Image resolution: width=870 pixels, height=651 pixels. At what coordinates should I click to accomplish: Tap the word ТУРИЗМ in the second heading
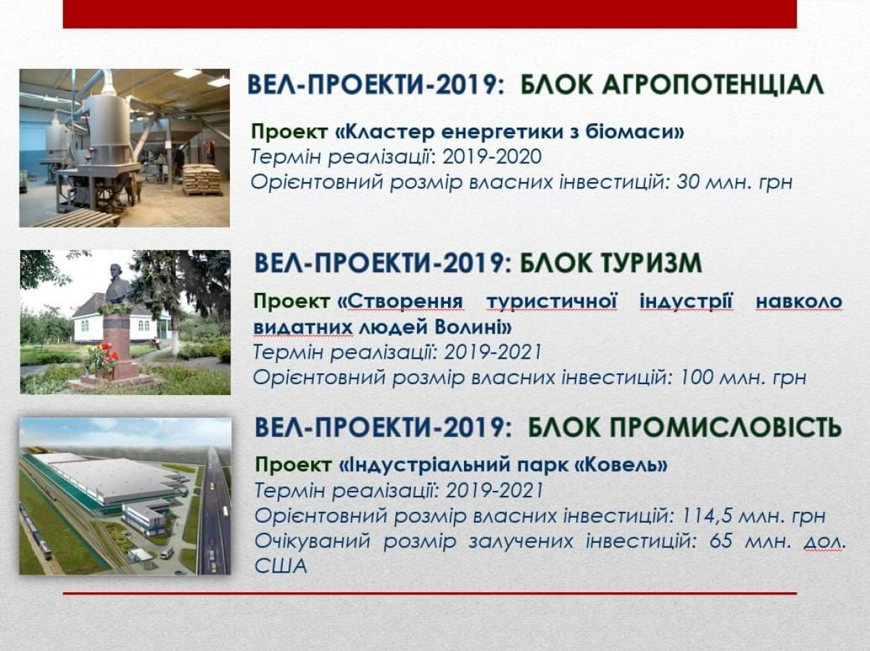(x=610, y=263)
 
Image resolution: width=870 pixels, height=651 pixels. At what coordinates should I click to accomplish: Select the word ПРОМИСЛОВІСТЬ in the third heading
(x=684, y=427)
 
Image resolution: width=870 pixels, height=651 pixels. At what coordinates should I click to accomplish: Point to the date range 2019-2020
(x=492, y=157)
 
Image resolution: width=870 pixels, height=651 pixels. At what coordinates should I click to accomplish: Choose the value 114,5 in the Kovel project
(x=707, y=516)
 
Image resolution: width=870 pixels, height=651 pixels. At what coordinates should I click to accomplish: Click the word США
(x=281, y=566)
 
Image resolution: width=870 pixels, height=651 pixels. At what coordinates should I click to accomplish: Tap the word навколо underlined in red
(x=799, y=302)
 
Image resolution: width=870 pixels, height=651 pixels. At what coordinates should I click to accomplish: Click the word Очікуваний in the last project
(x=312, y=542)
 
